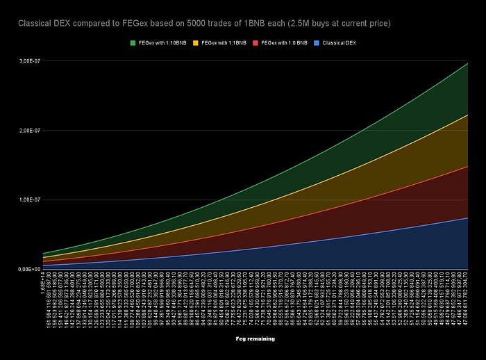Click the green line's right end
point(467,63)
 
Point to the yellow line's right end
point(467,115)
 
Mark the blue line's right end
point(467,218)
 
